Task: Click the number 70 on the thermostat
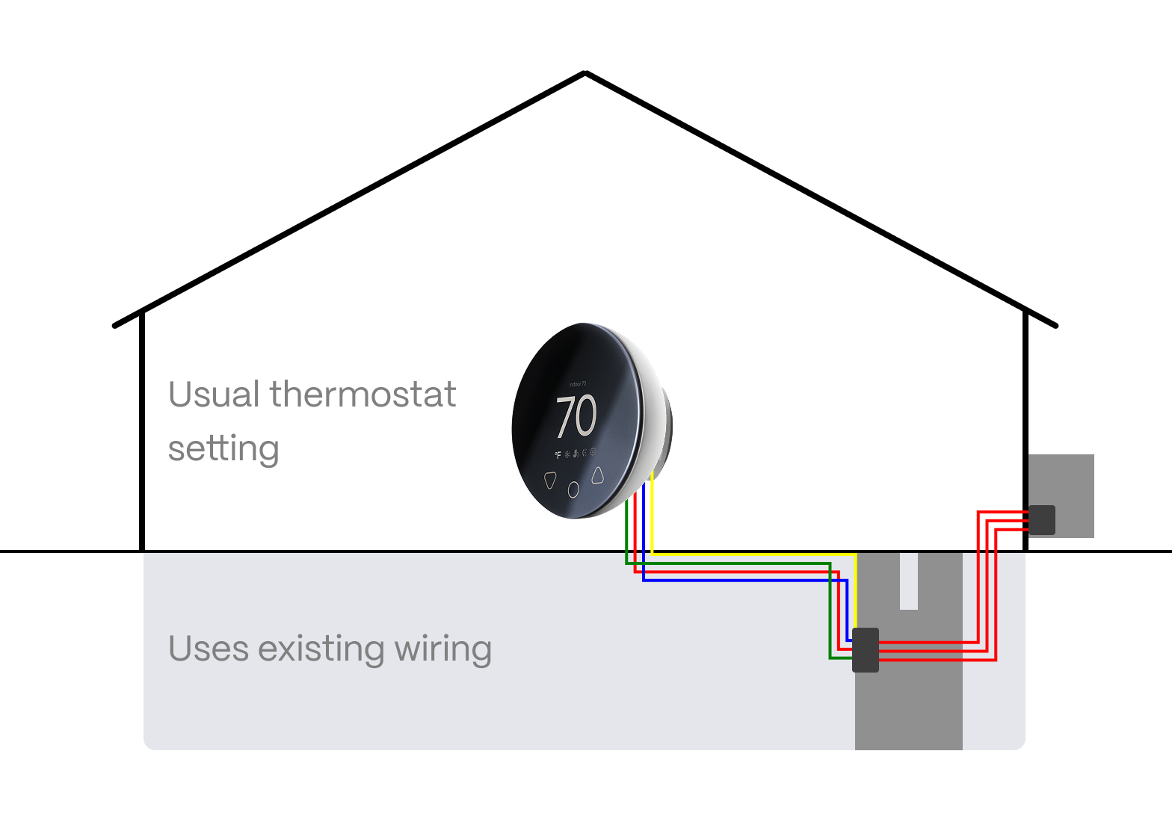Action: click(x=576, y=417)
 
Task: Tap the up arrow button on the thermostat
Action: click(x=597, y=475)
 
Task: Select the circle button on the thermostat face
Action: click(x=573, y=489)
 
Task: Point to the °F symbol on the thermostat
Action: click(x=558, y=454)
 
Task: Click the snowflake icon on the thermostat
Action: click(x=567, y=454)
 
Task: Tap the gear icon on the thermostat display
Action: click(x=593, y=451)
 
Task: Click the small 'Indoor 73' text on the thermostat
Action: click(x=578, y=384)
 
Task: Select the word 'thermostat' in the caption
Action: click(x=363, y=395)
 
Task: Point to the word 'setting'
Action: click(x=223, y=449)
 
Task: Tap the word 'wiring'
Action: click(x=442, y=649)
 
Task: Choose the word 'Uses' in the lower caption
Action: click(x=208, y=649)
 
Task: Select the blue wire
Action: click(x=747, y=580)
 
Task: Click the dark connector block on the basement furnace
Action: click(x=866, y=650)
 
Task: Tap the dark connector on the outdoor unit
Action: click(x=1042, y=520)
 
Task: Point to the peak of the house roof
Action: click(x=585, y=73)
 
